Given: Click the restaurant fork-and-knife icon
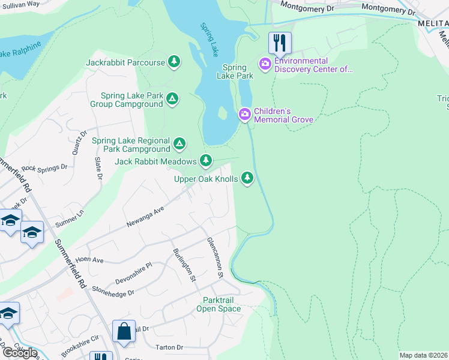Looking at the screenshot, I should [x=280, y=43].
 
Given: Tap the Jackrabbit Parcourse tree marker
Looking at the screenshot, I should [x=174, y=62].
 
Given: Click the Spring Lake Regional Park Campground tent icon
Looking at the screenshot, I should [x=179, y=144].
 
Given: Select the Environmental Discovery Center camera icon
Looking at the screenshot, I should [x=265, y=63].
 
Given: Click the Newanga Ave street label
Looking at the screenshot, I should [x=145, y=217].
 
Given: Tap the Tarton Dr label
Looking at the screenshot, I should [x=169, y=347].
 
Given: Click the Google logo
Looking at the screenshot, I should [x=20, y=352].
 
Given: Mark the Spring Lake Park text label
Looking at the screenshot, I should [x=238, y=71].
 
